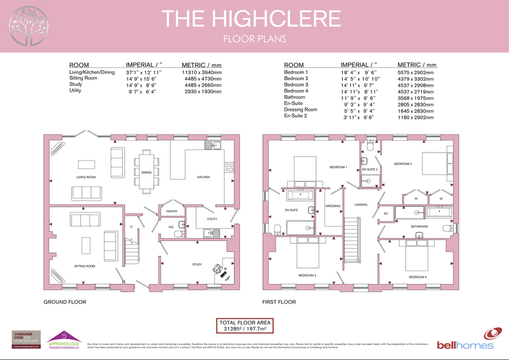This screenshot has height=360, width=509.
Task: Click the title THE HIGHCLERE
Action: pyautogui.click(x=251, y=19)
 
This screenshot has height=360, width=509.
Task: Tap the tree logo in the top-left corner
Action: pyautogui.click(x=28, y=25)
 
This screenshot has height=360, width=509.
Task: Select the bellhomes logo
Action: pyautogui.click(x=465, y=339)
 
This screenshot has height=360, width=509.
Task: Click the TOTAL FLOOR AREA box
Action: pyautogui.click(x=244, y=326)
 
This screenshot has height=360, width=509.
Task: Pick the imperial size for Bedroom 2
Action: pyautogui.click(x=360, y=79)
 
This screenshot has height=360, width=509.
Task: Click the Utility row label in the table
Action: pyautogui.click(x=75, y=91)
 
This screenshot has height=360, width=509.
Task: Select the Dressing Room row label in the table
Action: pyautogui.click(x=300, y=109)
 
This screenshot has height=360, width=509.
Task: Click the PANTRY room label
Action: pyautogui.click(x=171, y=211)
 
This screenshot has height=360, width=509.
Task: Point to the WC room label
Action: pyautogui.click(x=171, y=227)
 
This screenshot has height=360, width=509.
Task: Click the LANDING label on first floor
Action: pyautogui.click(x=360, y=204)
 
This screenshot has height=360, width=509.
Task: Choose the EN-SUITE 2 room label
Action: pyautogui.click(x=369, y=169)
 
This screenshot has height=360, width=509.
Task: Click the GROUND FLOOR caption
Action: pyautogui.click(x=64, y=302)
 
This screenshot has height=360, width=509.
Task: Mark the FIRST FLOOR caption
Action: pyautogui.click(x=279, y=302)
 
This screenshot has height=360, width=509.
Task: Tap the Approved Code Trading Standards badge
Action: pyautogui.click(x=63, y=339)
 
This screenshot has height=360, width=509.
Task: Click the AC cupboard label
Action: pyautogui.click(x=385, y=213)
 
